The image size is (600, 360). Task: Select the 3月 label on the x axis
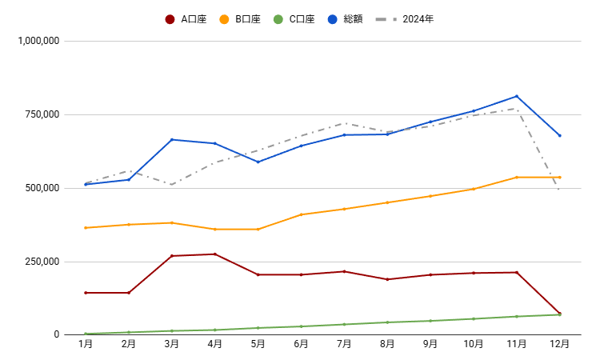point(172,344)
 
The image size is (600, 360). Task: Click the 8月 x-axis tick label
point(387,344)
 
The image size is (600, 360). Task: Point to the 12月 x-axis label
point(559,344)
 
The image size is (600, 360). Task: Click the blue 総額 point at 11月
point(517,96)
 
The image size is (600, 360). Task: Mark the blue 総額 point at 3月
point(172,140)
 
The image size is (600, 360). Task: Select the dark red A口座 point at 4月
point(215,254)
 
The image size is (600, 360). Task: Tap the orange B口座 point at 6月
point(302,214)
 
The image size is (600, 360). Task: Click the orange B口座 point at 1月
point(86,228)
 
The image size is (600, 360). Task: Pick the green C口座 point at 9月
point(430,321)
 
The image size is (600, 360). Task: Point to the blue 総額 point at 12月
point(559,135)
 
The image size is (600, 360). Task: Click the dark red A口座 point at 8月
point(387,279)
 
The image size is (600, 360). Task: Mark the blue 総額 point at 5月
point(258,162)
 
